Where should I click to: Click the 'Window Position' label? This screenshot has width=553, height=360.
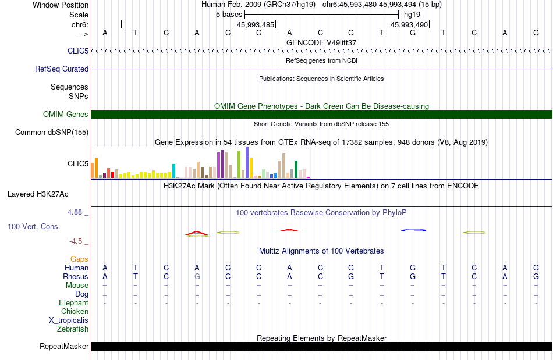(61, 5)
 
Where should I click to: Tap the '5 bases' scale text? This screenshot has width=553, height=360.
(229, 14)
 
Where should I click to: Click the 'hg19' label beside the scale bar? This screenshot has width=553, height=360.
(412, 14)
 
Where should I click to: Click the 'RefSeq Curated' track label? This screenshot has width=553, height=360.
(62, 69)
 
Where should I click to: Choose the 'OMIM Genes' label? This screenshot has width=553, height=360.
(66, 115)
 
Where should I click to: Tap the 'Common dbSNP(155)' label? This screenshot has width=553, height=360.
(52, 133)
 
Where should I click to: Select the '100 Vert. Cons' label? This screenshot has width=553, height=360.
(33, 226)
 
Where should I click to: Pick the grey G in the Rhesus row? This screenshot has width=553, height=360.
(197, 277)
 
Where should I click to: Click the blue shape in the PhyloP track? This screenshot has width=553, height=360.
(414, 230)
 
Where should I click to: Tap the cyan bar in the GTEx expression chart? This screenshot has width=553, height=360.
(173, 170)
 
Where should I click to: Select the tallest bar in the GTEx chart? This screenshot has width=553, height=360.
(247, 162)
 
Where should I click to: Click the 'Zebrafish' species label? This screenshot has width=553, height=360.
(73, 329)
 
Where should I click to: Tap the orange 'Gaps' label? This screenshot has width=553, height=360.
(79, 259)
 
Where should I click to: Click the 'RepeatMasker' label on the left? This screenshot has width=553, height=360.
(64, 347)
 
